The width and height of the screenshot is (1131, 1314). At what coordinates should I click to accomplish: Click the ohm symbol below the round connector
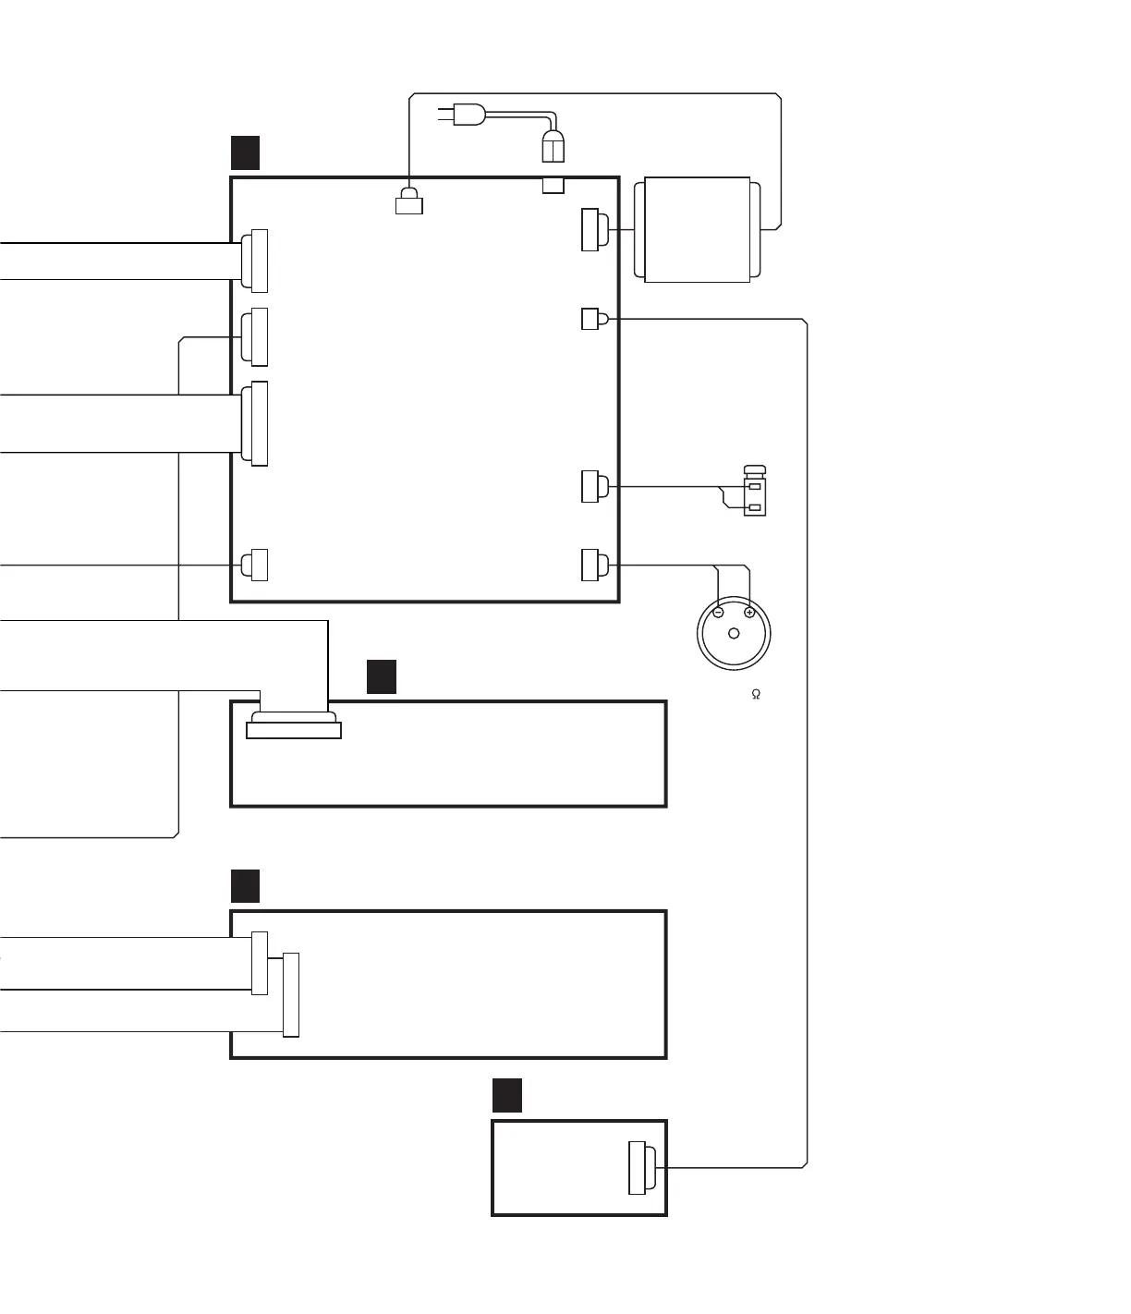(x=756, y=694)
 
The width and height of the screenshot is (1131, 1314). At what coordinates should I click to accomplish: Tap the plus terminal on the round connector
(x=749, y=612)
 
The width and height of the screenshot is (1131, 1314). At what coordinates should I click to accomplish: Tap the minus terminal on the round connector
(x=719, y=612)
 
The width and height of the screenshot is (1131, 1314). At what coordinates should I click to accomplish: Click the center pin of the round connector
(x=734, y=634)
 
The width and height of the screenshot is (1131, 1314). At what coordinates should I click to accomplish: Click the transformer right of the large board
(x=697, y=229)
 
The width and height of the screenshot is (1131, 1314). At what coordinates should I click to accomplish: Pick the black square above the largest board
(x=245, y=152)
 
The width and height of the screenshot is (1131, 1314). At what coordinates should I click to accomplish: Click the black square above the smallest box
(x=506, y=1095)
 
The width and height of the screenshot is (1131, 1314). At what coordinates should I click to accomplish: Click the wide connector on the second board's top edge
(x=294, y=726)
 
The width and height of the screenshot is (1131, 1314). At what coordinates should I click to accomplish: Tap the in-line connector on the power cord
(x=553, y=146)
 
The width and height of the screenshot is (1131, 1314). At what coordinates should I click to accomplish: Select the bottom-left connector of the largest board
(x=255, y=565)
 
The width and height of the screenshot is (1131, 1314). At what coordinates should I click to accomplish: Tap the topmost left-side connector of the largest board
(x=254, y=261)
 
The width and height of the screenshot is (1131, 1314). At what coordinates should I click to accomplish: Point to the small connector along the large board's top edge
(x=408, y=201)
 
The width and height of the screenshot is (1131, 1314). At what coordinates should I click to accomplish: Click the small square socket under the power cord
(x=553, y=186)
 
